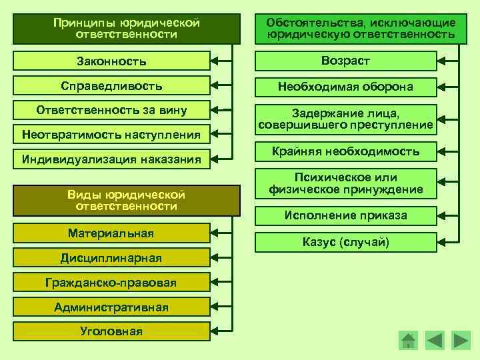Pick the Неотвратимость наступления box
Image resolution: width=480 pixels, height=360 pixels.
coord(111,135)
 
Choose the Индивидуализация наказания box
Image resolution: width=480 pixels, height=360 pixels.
coord(111,159)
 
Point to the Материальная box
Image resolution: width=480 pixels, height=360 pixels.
coord(111,233)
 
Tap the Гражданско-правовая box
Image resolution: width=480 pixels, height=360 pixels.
coord(111,283)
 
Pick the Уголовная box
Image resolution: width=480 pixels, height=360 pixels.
coord(111,331)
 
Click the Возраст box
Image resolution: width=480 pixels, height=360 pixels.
coord(345,61)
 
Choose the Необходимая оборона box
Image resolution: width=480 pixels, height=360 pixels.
coord(345,87)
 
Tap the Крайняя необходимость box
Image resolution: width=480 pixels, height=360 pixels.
coord(345,152)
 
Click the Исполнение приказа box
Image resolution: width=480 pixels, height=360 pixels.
coord(345,216)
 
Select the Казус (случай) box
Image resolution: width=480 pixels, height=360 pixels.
coord(345,241)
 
